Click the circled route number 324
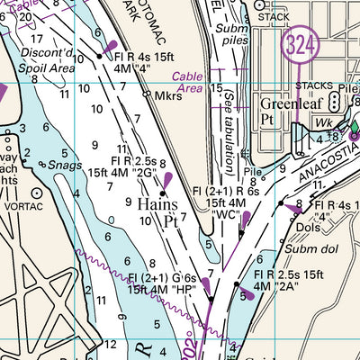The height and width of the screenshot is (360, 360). pos(298,45)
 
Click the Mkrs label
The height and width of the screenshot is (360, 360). pos(168,94)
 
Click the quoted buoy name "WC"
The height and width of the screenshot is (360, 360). pos(226,216)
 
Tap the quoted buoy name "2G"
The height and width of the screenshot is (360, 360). pos(148,168)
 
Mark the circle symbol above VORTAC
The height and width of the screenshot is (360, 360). pos(37,192)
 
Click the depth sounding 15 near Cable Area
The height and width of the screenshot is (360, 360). pos(216,88)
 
